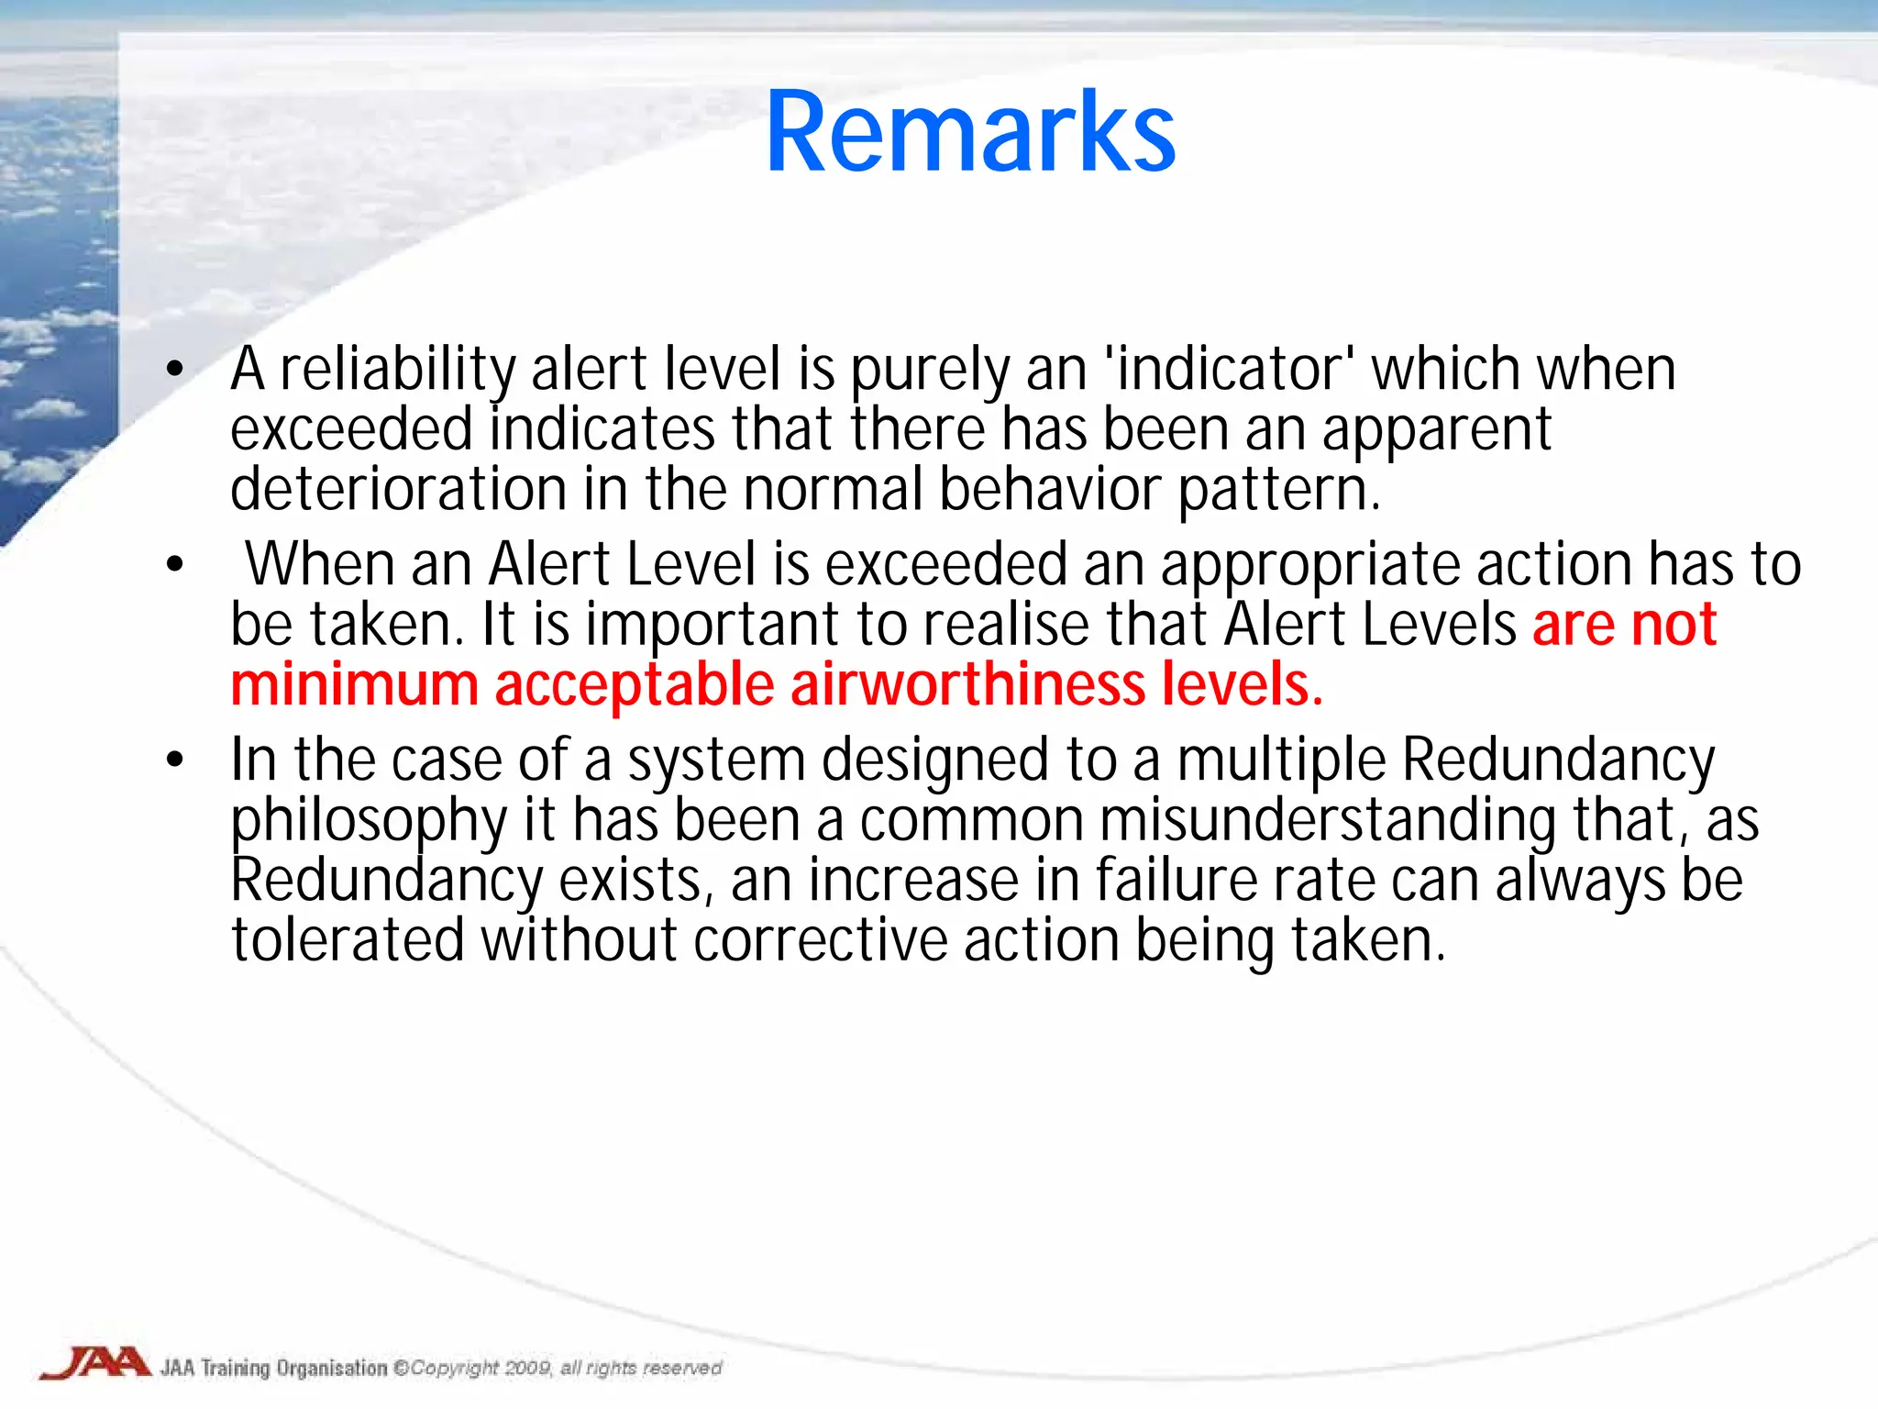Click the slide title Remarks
click(970, 133)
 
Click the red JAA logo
click(95, 1363)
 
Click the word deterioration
click(398, 489)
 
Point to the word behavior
click(1050, 489)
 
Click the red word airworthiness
click(967, 685)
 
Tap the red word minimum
click(354, 685)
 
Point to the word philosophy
click(368, 821)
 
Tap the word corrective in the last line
click(820, 941)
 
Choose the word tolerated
click(348, 941)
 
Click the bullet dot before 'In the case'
click(175, 760)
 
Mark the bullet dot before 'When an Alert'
click(175, 565)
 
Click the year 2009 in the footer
click(527, 1369)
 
